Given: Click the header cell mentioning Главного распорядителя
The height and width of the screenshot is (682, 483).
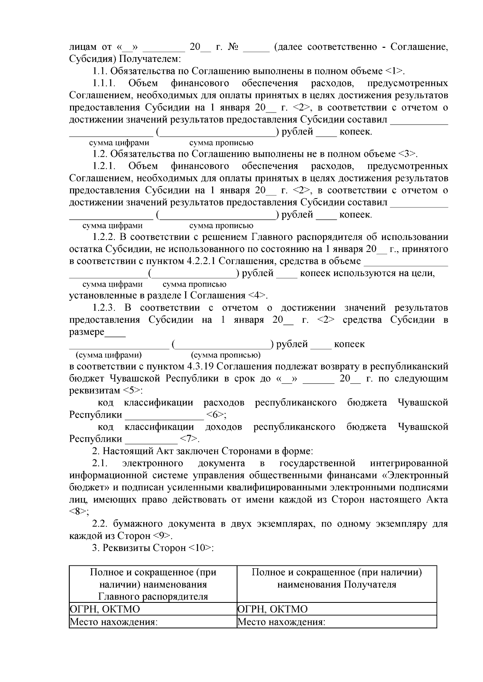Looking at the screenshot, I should [153, 584].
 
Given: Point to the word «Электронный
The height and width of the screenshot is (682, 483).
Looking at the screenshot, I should [415, 475].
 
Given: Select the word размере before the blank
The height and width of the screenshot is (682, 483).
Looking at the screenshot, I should [87, 332].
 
